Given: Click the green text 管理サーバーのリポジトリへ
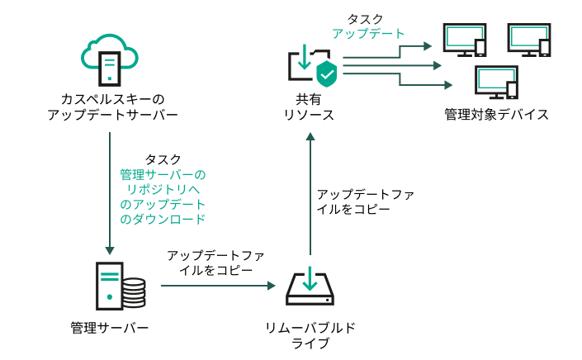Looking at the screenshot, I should pos(163,182).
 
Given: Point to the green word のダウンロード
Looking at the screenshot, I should pos(163,220).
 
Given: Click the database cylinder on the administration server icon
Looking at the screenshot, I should pos(133,291).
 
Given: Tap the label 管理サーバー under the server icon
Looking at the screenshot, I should pos(109,328).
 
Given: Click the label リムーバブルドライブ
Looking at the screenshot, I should pos(310,335).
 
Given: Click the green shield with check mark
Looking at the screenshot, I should pos(327,75).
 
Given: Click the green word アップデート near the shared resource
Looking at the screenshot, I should pos(368,34).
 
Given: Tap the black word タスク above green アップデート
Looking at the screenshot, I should pos(368,18).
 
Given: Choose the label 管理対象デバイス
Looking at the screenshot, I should pos(495,113).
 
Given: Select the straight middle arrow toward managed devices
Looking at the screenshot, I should pos(396,65).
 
